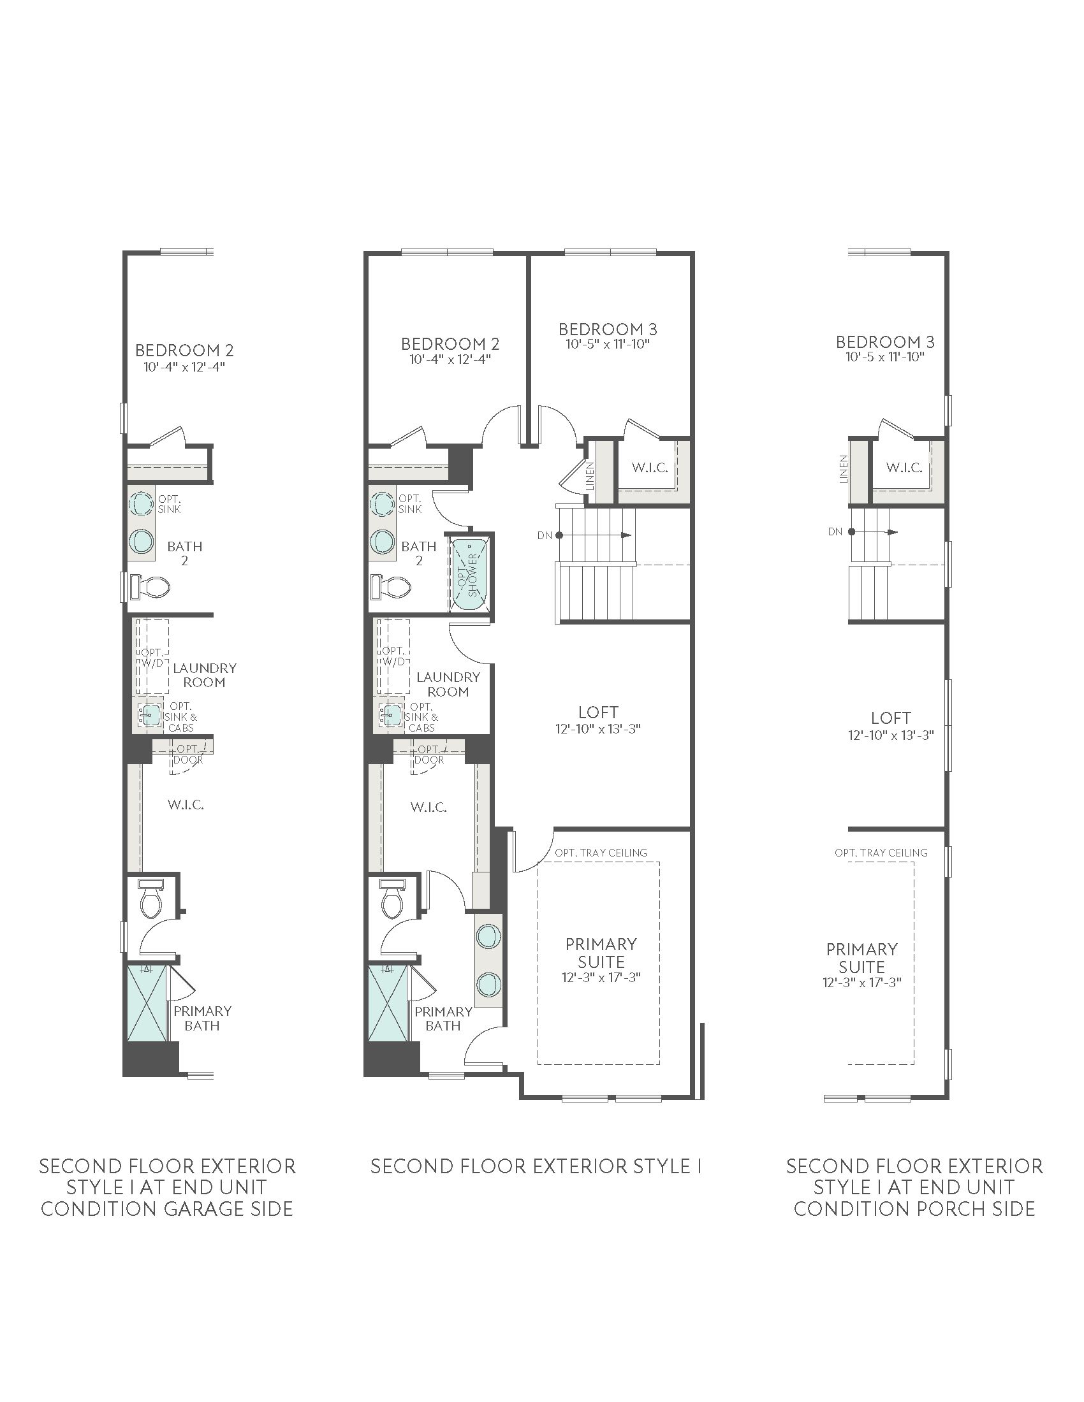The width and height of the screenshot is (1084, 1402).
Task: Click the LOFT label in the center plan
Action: (x=599, y=712)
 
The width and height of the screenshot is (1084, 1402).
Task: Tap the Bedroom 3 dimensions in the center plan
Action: (x=608, y=344)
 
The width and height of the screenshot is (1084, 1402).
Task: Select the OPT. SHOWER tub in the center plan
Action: (x=471, y=574)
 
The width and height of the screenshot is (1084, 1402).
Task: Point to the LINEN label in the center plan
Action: (x=590, y=477)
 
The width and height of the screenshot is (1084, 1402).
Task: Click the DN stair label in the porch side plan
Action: (x=835, y=531)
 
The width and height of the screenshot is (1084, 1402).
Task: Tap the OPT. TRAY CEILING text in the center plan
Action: (x=601, y=853)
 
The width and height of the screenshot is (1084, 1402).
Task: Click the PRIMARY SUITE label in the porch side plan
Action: (x=862, y=958)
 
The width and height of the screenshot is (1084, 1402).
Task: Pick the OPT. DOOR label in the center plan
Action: (x=429, y=755)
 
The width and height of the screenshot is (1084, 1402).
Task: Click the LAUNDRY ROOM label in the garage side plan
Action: (x=204, y=675)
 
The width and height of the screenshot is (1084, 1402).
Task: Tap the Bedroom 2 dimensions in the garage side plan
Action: (x=184, y=367)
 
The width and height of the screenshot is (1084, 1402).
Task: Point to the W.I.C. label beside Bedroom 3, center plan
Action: (x=649, y=467)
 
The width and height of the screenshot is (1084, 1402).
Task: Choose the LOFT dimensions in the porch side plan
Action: (x=891, y=735)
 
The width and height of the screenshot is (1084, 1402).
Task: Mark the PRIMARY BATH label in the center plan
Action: (x=443, y=1018)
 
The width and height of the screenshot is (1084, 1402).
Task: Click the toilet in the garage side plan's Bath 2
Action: (x=150, y=586)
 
